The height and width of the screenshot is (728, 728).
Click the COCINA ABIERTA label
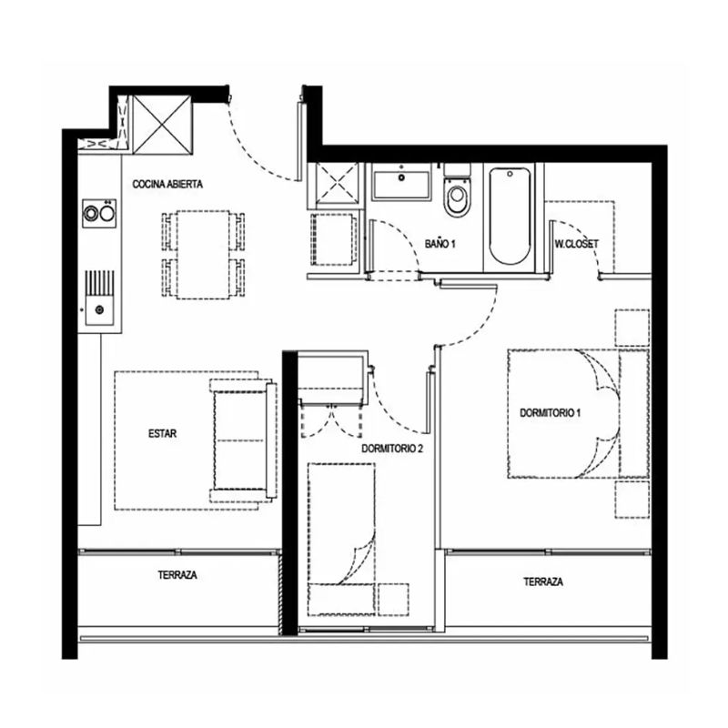tap(167, 185)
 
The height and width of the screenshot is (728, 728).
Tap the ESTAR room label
tap(163, 434)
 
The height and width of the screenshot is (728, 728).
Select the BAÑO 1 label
tap(440, 244)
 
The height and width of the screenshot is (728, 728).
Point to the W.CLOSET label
tap(577, 244)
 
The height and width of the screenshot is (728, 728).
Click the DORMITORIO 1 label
tap(551, 413)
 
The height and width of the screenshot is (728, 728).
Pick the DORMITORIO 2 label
tap(392, 449)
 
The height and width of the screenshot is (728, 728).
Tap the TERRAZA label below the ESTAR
tap(177, 575)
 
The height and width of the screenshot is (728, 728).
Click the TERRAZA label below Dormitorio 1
tap(543, 581)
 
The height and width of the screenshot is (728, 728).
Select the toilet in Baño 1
tap(458, 190)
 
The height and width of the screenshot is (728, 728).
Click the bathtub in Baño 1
tap(510, 216)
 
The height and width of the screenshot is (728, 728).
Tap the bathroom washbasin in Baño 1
tap(402, 186)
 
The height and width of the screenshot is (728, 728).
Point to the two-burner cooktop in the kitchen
tap(99, 214)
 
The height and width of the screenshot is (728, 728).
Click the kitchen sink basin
tap(99, 309)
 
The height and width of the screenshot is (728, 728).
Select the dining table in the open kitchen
tap(203, 255)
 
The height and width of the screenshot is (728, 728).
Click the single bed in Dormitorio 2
tap(341, 539)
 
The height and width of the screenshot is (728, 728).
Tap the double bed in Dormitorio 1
tap(579, 414)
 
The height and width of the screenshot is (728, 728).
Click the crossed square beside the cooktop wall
tap(163, 125)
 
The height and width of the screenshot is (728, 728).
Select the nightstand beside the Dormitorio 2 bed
tap(393, 600)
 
